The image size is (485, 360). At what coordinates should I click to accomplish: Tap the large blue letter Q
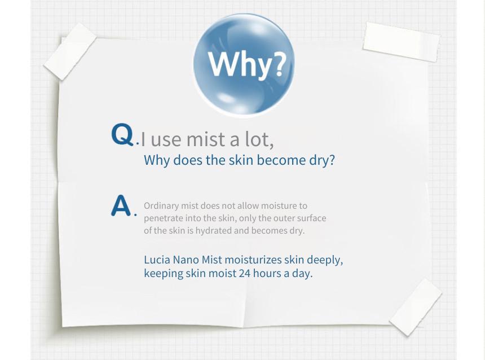click(122, 134)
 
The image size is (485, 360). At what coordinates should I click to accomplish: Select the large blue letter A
click(121, 205)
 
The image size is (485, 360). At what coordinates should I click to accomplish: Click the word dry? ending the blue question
click(322, 161)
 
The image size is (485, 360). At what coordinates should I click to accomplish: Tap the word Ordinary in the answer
click(161, 206)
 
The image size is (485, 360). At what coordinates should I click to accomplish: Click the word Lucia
click(157, 260)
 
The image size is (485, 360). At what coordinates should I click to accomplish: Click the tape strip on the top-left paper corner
click(70, 51)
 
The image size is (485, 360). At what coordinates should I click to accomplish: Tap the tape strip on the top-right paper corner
click(402, 42)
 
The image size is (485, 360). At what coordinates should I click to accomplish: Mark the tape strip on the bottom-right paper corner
click(416, 307)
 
